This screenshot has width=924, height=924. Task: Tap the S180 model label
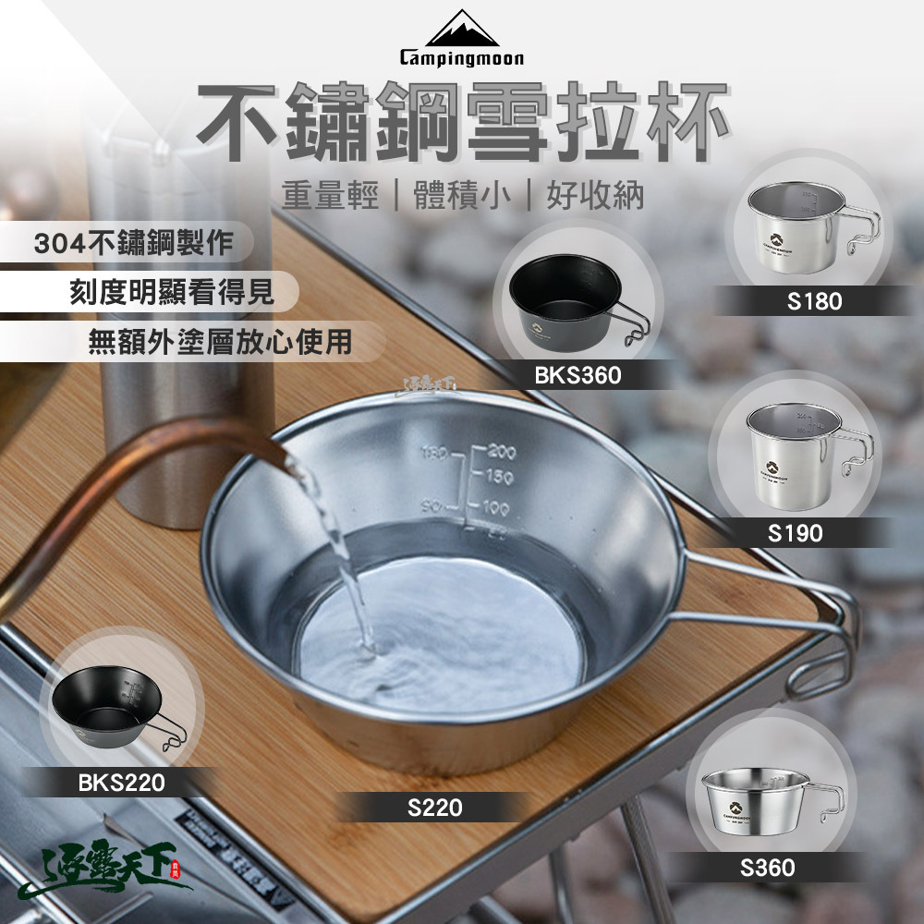pyautogui.click(x=815, y=301)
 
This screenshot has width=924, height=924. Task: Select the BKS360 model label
pyautogui.click(x=577, y=374)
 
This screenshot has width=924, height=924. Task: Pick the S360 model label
pyautogui.click(x=767, y=868)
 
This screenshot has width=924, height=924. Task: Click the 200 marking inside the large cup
pyautogui.click(x=502, y=452)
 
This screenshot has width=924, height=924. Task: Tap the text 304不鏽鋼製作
pyautogui.click(x=133, y=244)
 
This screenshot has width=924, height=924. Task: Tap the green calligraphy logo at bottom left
pyautogui.click(x=111, y=873)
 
